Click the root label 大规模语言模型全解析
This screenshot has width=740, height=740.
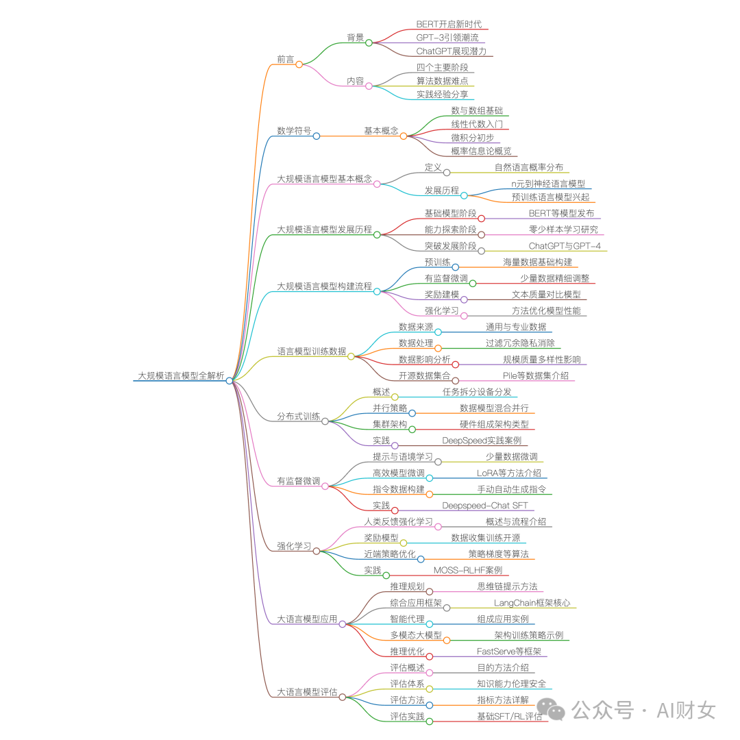coord(181,376)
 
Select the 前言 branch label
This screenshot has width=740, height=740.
coord(286,60)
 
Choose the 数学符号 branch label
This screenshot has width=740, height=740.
coord(294,131)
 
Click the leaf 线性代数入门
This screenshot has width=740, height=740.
coord(476,124)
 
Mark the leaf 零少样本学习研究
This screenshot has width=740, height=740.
coord(563,230)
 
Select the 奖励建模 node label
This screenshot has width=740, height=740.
coord(441,294)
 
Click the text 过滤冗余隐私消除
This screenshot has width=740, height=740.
coord(520,343)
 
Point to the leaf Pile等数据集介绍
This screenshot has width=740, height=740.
coord(535,375)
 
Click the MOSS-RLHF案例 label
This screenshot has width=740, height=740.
coord(467,570)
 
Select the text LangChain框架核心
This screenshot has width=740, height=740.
coord(532,603)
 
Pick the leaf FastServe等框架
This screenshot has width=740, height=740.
coord(509,652)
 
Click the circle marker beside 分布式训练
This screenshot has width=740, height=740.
coord(325,421)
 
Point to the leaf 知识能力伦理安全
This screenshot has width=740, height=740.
coord(512,683)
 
